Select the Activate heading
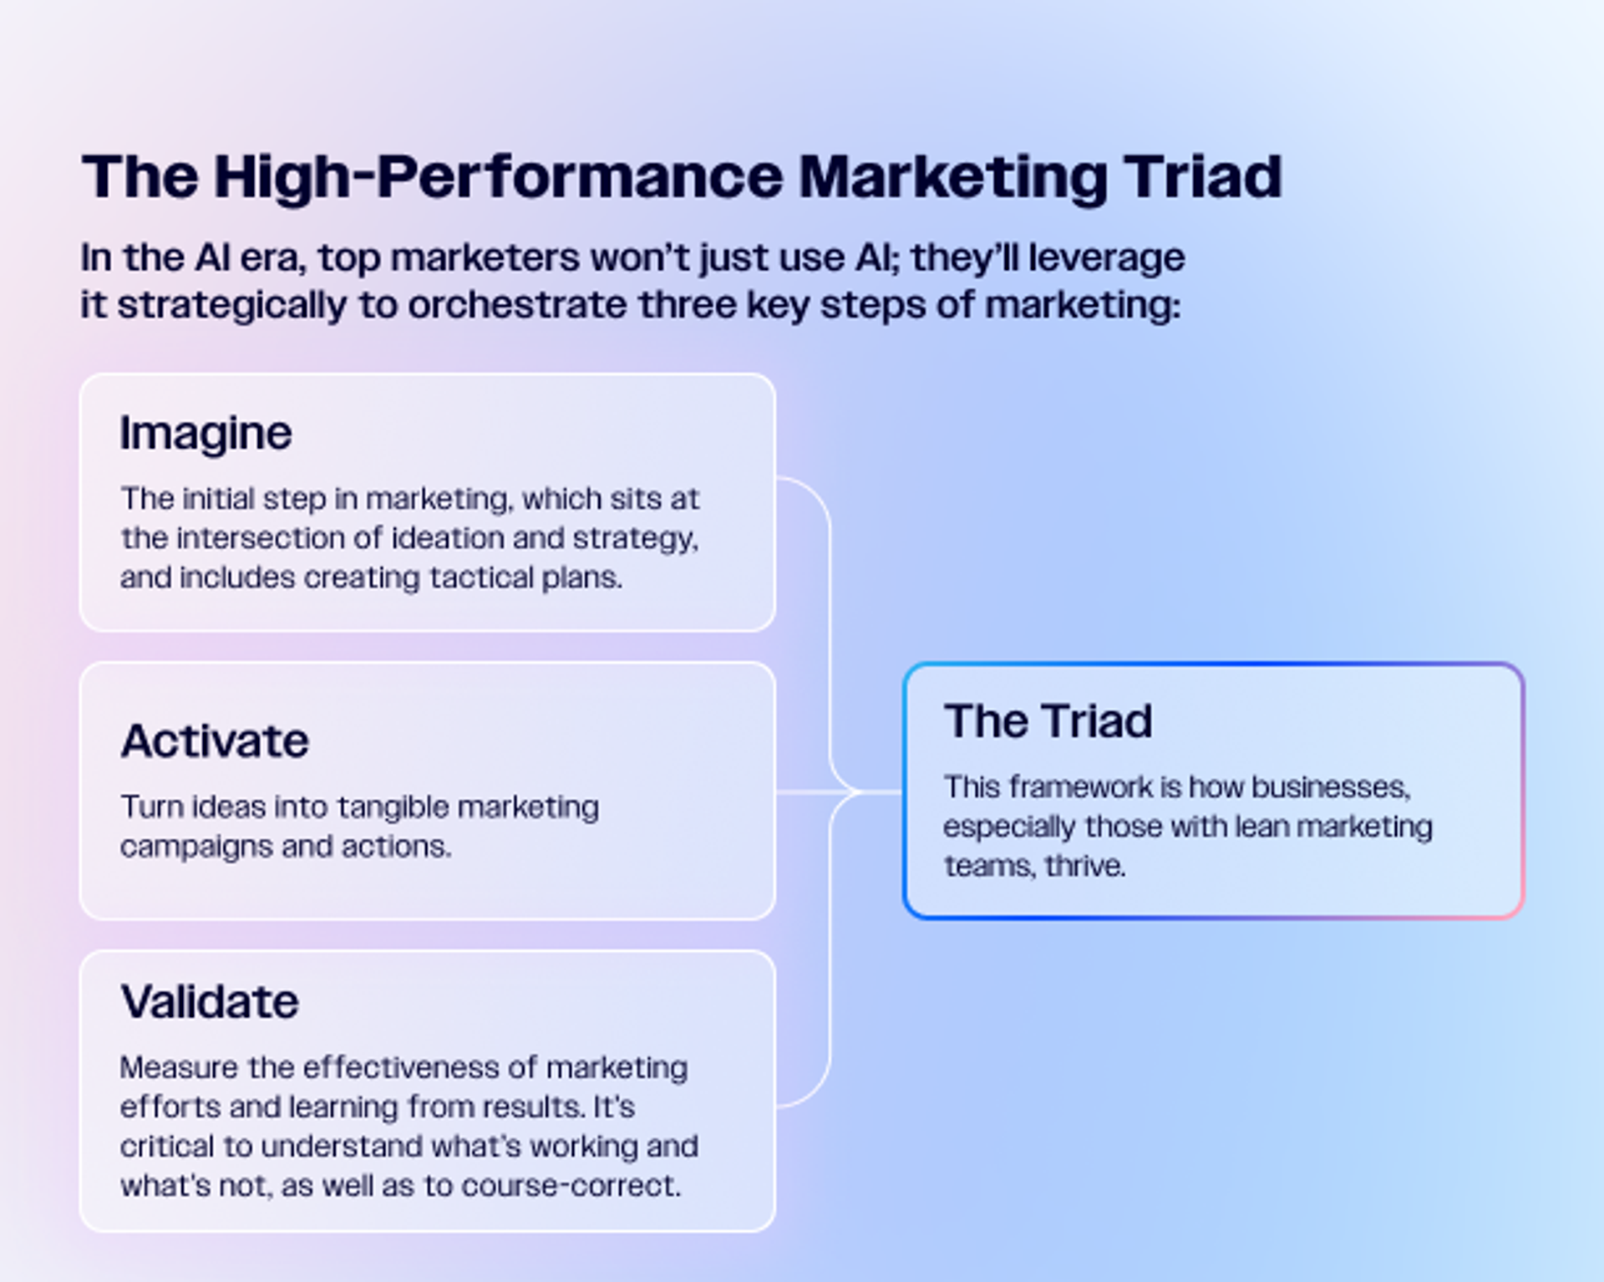[215, 740]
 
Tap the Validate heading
[209, 1001]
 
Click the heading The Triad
[1048, 721]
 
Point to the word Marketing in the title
[953, 178]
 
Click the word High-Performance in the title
[499, 178]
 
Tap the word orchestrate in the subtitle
[518, 305]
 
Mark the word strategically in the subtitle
[231, 306]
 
